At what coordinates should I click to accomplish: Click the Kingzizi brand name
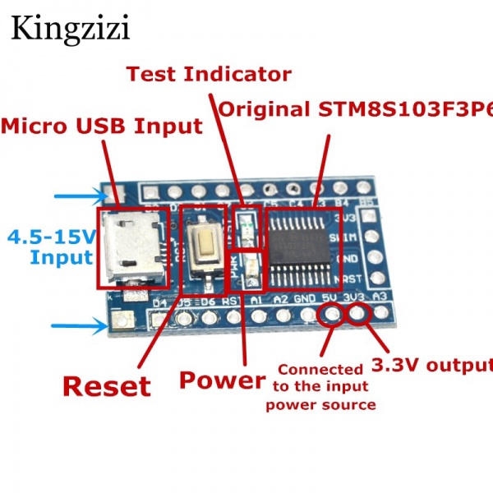coord(70,30)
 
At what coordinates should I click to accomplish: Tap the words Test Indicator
coord(208,74)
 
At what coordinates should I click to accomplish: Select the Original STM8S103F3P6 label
coord(355,109)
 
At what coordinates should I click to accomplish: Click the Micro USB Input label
coord(103,127)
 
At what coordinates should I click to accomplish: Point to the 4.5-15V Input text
coord(51,247)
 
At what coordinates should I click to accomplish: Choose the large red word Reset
coord(107,385)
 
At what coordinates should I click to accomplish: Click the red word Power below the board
coord(222,380)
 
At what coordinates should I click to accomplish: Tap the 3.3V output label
coord(431,364)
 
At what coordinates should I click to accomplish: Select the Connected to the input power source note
coord(320,387)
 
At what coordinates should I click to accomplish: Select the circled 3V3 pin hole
coord(358,313)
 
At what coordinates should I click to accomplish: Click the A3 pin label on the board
coord(379,297)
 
